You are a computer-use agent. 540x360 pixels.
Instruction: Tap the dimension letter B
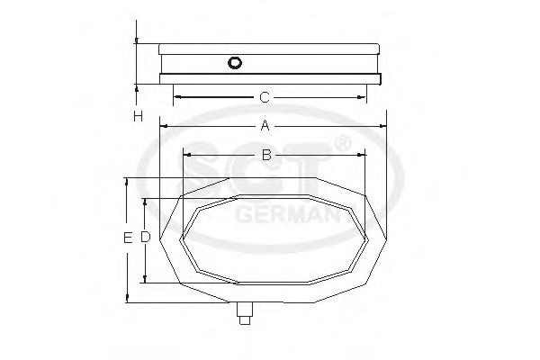pos(266,155)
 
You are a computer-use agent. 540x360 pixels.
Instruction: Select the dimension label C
pos(264,96)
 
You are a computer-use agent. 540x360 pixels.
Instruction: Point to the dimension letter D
pos(144,238)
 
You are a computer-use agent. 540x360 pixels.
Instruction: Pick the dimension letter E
pos(127,238)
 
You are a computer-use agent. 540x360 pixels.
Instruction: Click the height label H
pos(138,116)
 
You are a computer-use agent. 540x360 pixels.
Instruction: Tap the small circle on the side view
pos(235,63)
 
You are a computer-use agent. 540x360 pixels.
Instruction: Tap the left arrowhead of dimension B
pos(185,155)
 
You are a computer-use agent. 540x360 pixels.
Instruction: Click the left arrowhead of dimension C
pos(177,96)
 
